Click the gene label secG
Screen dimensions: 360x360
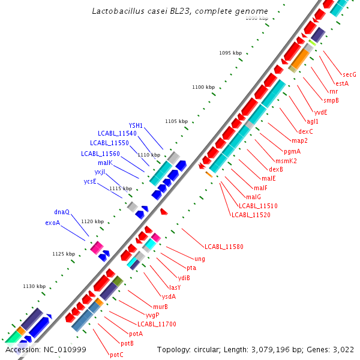350,74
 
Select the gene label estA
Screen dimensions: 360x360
342,83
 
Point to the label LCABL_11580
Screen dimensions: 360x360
224,247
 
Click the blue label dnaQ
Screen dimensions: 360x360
62,212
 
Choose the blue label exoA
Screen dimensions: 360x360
53,223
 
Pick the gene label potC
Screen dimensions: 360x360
116,355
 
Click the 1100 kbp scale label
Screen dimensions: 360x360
203,87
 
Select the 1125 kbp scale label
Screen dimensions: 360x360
64,254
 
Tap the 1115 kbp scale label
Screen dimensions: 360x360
120,188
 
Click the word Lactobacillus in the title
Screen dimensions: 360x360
118,11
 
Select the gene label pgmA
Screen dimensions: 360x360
292,151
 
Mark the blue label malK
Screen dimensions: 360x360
105,163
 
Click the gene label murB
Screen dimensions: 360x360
160,307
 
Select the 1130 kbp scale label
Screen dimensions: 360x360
34,286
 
